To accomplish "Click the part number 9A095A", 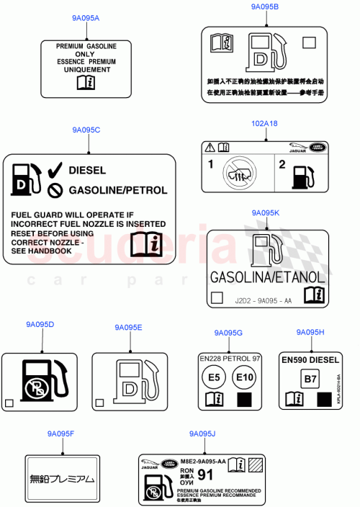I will click(x=86, y=17).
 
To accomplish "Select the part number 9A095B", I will click(x=265, y=6).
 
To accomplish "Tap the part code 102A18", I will click(x=264, y=123).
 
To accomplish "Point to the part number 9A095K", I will click(x=266, y=213).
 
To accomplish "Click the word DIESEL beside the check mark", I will click(x=87, y=171).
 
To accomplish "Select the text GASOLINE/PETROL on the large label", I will click(x=117, y=191).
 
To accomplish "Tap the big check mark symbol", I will click(x=54, y=171).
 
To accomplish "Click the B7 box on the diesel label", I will click(x=309, y=377).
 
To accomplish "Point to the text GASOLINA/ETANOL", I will click(x=267, y=277).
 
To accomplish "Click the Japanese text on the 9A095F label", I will click(x=61, y=478).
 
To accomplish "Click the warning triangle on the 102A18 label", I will click(x=210, y=147).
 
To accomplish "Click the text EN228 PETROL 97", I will click(x=230, y=358).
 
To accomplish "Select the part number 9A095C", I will click(x=86, y=130).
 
